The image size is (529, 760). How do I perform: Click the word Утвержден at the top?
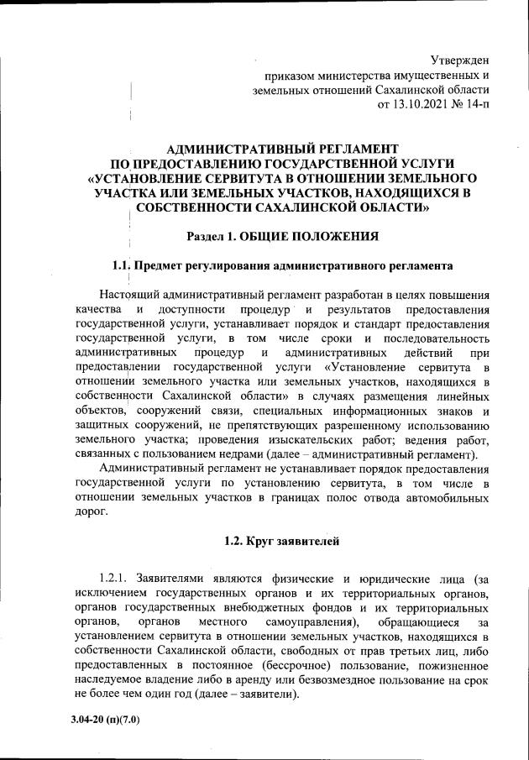(459, 59)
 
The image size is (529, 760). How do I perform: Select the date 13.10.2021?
(424, 104)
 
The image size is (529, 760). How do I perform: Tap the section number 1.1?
(124, 267)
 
